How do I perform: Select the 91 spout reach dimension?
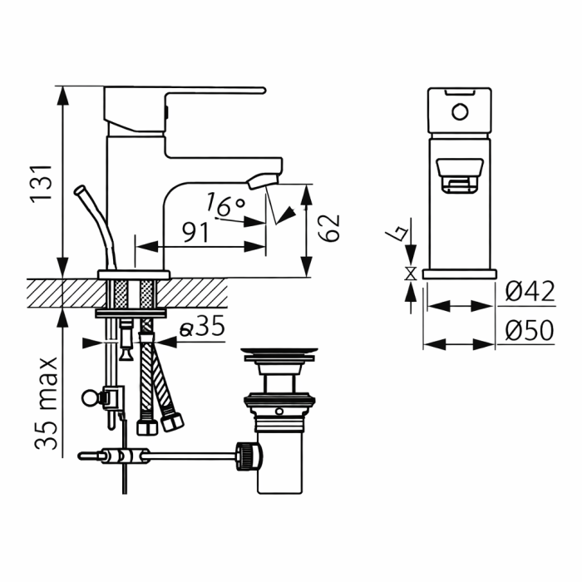coord(195,233)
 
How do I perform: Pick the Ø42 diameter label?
coord(530,293)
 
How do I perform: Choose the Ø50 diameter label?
coord(530,331)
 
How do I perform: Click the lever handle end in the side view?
coord(258,89)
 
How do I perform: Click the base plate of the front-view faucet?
coord(459,274)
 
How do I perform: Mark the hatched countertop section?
coord(58,292)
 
